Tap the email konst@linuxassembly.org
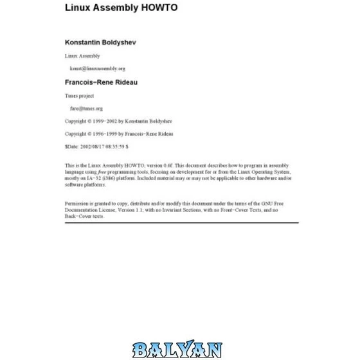pyautogui.click(x=97, y=68)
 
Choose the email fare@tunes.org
pyautogui.click(x=86, y=109)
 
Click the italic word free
pyautogui.click(x=105, y=173)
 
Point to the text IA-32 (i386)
pyautogui.click(x=97, y=179)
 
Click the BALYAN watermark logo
pyautogui.click(x=178, y=349)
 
